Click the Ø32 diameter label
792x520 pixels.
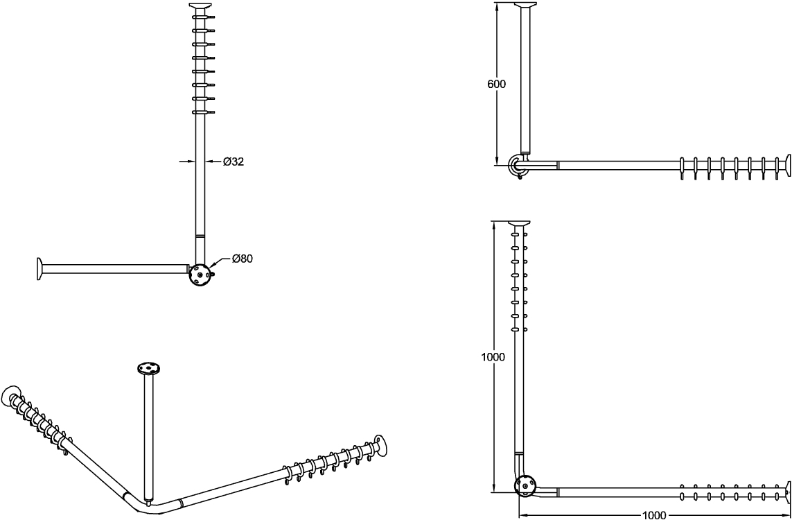click(x=234, y=162)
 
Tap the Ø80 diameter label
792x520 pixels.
click(x=243, y=259)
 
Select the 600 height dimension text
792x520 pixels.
click(x=497, y=85)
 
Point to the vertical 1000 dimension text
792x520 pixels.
click(x=493, y=357)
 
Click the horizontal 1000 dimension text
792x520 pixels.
click(x=653, y=515)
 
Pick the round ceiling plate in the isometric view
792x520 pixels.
click(x=148, y=368)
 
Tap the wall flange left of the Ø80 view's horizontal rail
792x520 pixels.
click(x=39, y=268)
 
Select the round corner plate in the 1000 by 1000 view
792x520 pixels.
click(x=525, y=486)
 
